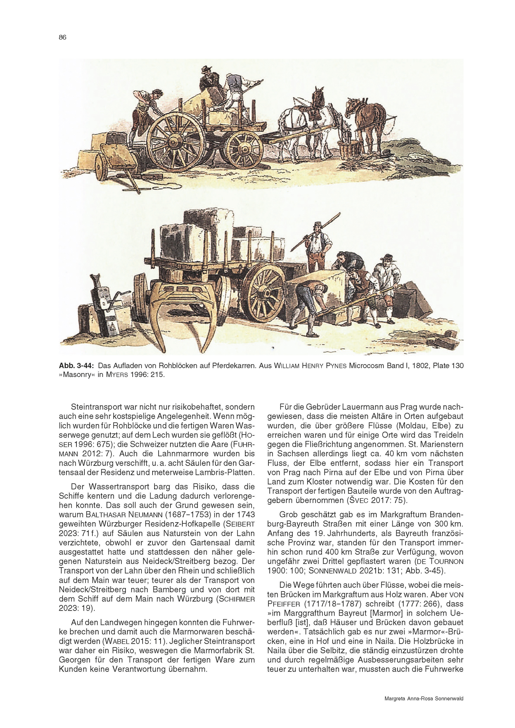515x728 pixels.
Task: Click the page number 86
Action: tap(62, 37)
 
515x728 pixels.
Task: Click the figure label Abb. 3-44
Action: tap(76, 366)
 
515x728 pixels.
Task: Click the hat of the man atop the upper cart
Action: tap(205, 68)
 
